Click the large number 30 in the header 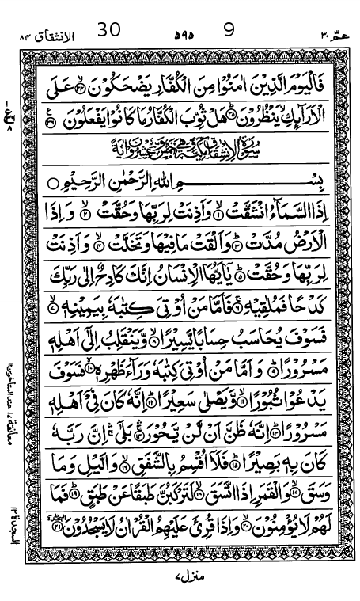coord(109,29)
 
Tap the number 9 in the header coord(229,29)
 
